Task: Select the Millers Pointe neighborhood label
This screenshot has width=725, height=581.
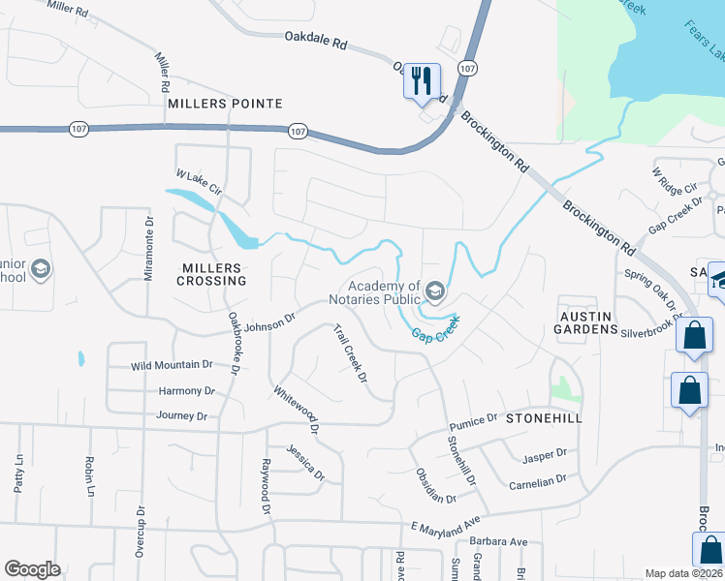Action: pyautogui.click(x=225, y=104)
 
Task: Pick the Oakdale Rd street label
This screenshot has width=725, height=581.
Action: pyautogui.click(x=316, y=43)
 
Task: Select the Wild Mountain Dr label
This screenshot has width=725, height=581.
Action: pyautogui.click(x=172, y=365)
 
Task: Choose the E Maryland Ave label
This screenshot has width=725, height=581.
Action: pyautogui.click(x=445, y=525)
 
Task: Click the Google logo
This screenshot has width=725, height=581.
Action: pyautogui.click(x=32, y=569)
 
